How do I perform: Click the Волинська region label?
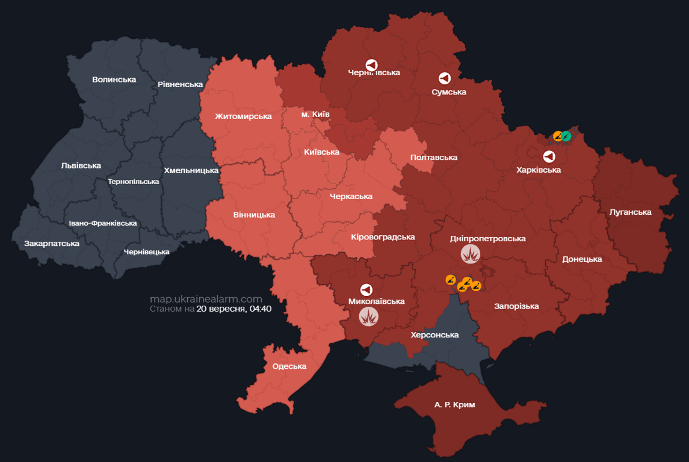114,79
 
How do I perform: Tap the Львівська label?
81,165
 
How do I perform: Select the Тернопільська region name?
133,182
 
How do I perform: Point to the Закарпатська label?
52,244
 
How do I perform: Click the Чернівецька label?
146,251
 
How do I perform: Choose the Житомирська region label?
243,116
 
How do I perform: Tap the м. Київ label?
315,114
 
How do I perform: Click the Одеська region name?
289,366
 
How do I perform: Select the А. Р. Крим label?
454,405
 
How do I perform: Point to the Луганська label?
630,212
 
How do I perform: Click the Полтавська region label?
433,158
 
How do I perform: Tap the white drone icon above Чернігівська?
372,64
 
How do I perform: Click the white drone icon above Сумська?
445,78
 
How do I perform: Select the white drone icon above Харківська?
549,157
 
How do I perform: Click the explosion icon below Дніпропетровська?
471,254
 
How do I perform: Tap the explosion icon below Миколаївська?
368,316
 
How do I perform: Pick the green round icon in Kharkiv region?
566,136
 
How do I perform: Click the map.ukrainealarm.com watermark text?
206,299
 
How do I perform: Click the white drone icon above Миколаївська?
366,289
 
